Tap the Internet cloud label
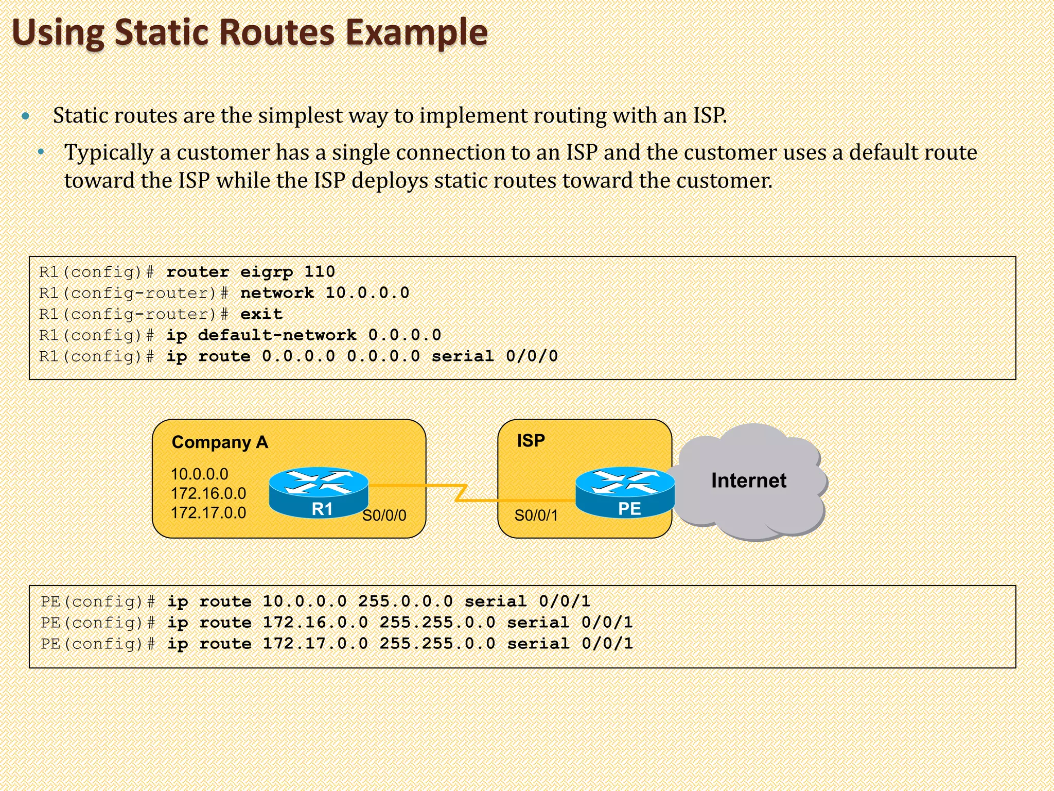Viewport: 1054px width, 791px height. point(748,480)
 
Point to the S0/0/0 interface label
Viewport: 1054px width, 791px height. point(384,515)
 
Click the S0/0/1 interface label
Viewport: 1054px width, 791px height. point(536,515)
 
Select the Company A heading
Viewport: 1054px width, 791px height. point(220,442)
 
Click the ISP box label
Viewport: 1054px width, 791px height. point(531,441)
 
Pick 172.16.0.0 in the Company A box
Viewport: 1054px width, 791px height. point(208,493)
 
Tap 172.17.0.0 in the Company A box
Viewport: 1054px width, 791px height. point(208,513)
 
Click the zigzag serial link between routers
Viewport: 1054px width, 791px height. point(461,492)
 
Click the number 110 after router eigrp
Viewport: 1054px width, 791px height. point(319,272)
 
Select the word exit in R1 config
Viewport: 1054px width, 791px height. point(261,314)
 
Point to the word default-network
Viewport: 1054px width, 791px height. point(277,335)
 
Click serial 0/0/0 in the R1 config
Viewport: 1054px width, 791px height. point(495,356)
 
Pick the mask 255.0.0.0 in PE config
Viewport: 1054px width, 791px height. point(406,601)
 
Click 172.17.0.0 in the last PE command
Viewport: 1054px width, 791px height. point(315,644)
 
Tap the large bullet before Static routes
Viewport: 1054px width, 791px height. point(26,116)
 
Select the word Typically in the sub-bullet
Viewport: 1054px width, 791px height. point(109,153)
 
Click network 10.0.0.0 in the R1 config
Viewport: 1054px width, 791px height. point(325,293)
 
